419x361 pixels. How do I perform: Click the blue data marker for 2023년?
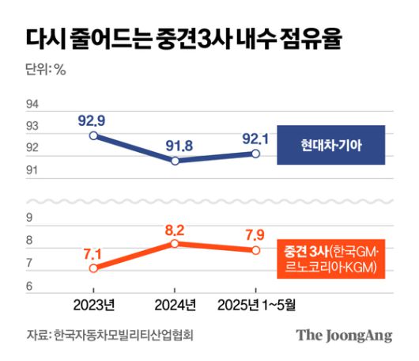tap(94, 135)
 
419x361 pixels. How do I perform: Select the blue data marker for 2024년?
tap(176, 161)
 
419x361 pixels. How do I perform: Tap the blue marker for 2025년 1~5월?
tap(255, 154)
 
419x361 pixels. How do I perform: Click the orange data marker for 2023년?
tap(94, 268)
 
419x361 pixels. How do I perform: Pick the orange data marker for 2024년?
tap(176, 244)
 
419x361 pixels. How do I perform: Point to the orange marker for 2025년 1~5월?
tap(255, 250)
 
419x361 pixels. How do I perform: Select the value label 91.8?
tap(175, 145)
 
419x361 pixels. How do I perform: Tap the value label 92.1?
tap(255, 138)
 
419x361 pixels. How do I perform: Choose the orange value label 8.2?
tap(175, 229)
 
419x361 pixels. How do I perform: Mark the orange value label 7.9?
tap(255, 235)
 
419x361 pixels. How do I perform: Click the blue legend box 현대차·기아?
tap(330, 146)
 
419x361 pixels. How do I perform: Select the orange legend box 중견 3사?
tap(330, 259)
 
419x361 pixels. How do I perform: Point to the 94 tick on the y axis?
tap(33, 104)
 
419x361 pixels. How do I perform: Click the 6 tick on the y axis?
tap(29, 286)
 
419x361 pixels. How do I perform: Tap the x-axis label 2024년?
tap(175, 304)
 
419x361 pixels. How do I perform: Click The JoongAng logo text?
tap(344, 336)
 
